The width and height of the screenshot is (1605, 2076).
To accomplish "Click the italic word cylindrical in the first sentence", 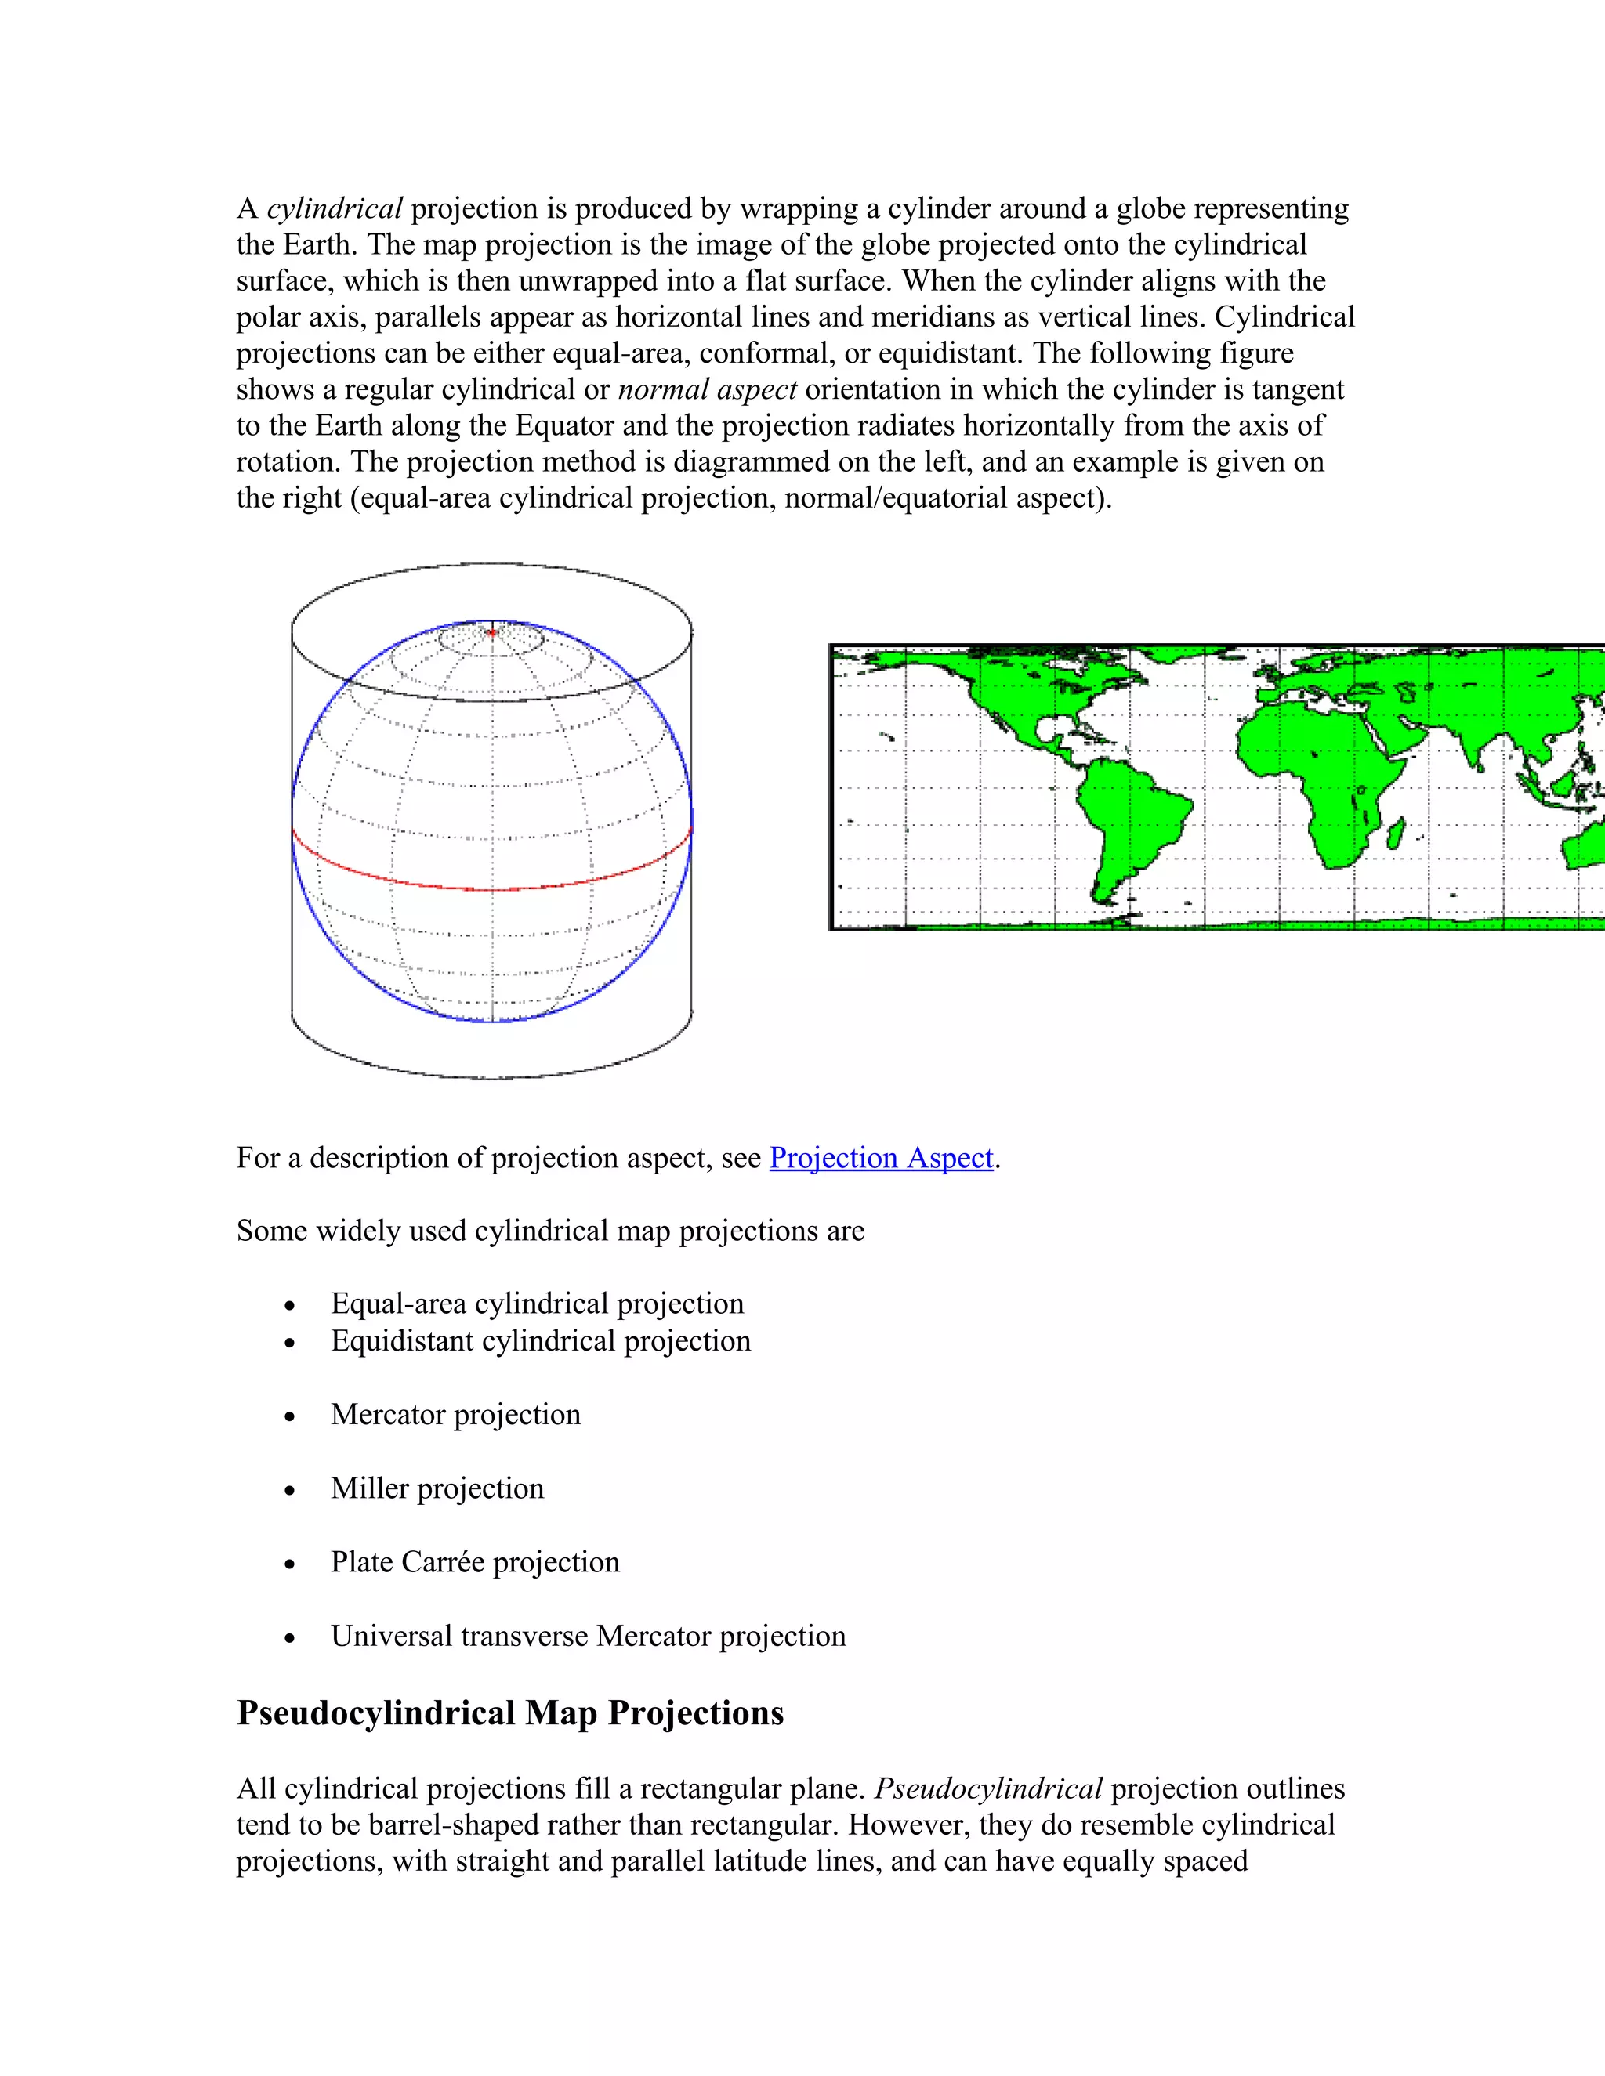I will point(334,208).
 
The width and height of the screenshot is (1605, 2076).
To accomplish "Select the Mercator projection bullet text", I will point(455,1414).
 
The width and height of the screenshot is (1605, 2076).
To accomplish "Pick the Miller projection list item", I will point(437,1488).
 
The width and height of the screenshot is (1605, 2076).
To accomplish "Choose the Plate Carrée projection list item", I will point(474,1562).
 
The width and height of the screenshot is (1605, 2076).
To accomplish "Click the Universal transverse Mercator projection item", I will point(588,1636).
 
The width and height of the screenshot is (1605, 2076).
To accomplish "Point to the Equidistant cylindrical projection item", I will point(540,1340).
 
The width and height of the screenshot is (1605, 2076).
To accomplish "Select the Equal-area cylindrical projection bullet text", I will point(537,1304).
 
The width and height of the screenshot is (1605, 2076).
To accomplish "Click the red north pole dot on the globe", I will point(491,632).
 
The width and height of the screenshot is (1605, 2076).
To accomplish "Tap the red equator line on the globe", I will point(491,889).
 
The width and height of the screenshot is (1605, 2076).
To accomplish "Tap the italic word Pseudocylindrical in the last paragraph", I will point(988,1789).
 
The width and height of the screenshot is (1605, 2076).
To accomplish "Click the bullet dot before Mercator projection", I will point(290,1417).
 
